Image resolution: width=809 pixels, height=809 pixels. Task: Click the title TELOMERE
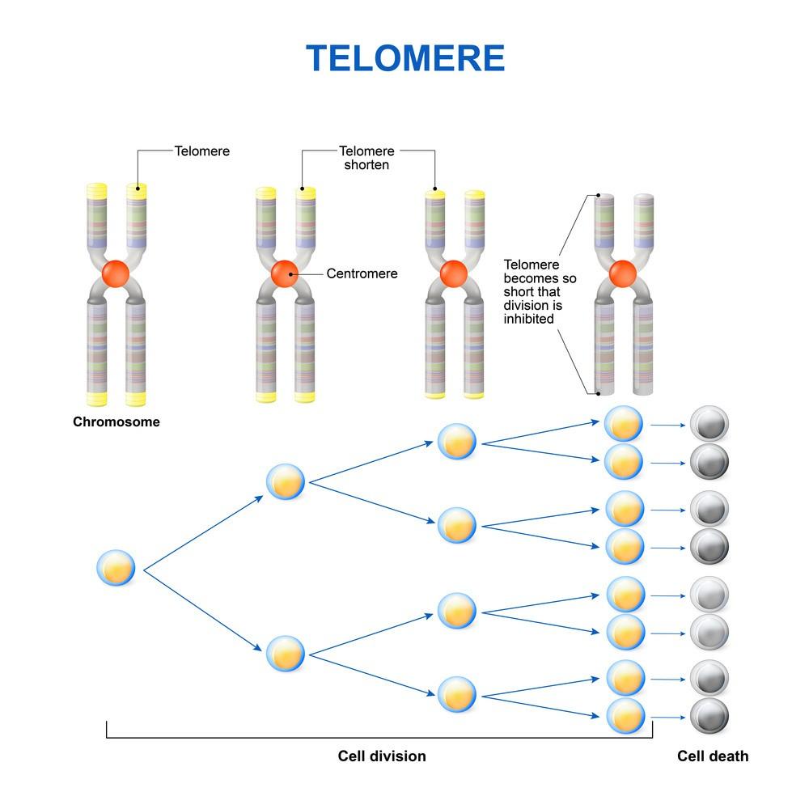[x=405, y=58]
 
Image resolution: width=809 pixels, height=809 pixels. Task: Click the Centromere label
[x=362, y=273]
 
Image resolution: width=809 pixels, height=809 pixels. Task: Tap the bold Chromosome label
[x=116, y=421]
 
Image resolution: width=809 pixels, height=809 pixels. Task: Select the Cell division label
[x=381, y=756]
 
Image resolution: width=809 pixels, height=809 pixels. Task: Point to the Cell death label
[x=713, y=756]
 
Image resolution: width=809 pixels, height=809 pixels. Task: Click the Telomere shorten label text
[x=366, y=158]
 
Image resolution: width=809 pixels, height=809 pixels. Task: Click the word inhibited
[x=529, y=319]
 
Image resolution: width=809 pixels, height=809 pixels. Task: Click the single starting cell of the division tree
[x=116, y=568]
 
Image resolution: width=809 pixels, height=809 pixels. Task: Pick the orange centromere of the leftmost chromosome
[x=116, y=273]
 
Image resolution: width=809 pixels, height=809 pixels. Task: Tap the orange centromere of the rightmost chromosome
[x=622, y=273]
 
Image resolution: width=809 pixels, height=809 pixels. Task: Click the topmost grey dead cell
[x=709, y=424]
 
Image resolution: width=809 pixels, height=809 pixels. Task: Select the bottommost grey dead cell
[x=709, y=716]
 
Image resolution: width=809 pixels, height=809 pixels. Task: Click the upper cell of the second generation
[x=286, y=481]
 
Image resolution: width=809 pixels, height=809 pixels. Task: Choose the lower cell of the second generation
[x=286, y=653]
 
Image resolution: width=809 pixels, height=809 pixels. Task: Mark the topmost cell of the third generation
[x=457, y=440]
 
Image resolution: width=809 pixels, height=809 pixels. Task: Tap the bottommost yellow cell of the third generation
[x=457, y=693]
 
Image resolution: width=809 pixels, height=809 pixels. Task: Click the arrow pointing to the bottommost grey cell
[x=667, y=717]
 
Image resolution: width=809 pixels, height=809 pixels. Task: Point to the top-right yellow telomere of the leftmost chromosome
[x=137, y=192]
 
